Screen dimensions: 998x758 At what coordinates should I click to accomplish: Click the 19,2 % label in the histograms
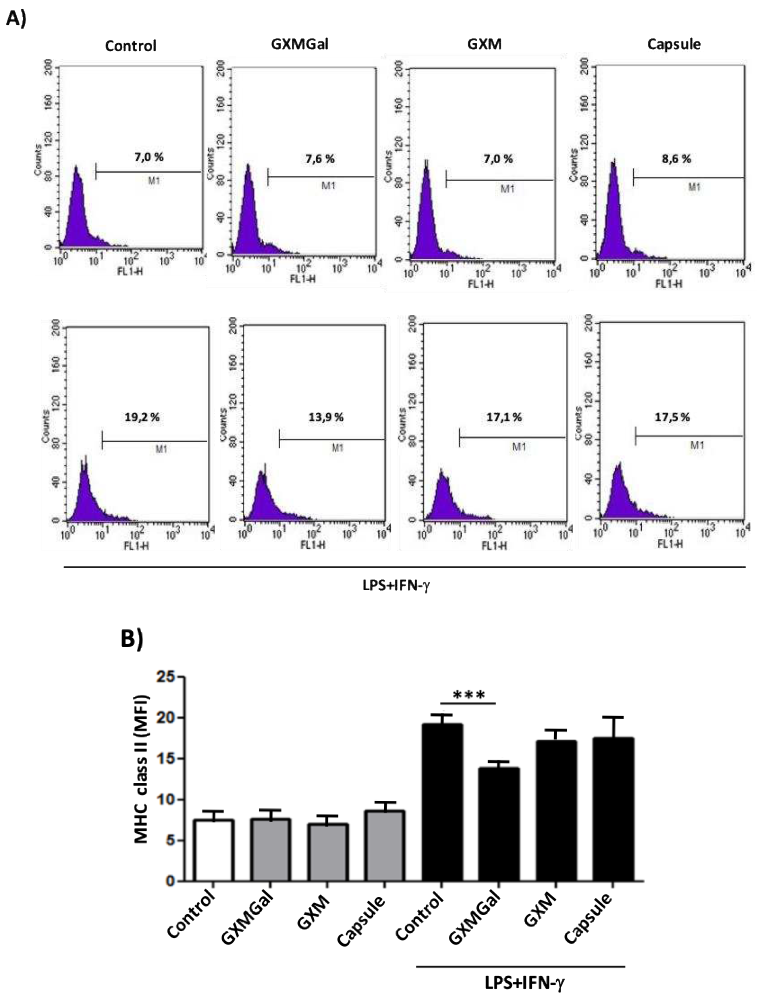click(x=142, y=417)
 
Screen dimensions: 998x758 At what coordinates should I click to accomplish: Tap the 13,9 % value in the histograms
click(x=326, y=417)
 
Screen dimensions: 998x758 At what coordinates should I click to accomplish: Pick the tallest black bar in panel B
click(x=442, y=803)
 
